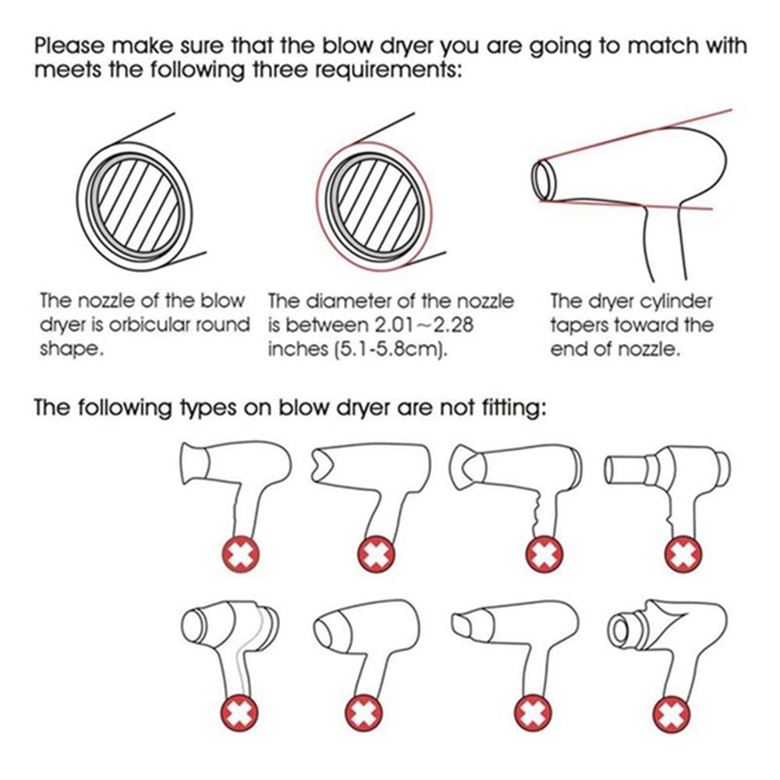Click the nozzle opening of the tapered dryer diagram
[x=544, y=178]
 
